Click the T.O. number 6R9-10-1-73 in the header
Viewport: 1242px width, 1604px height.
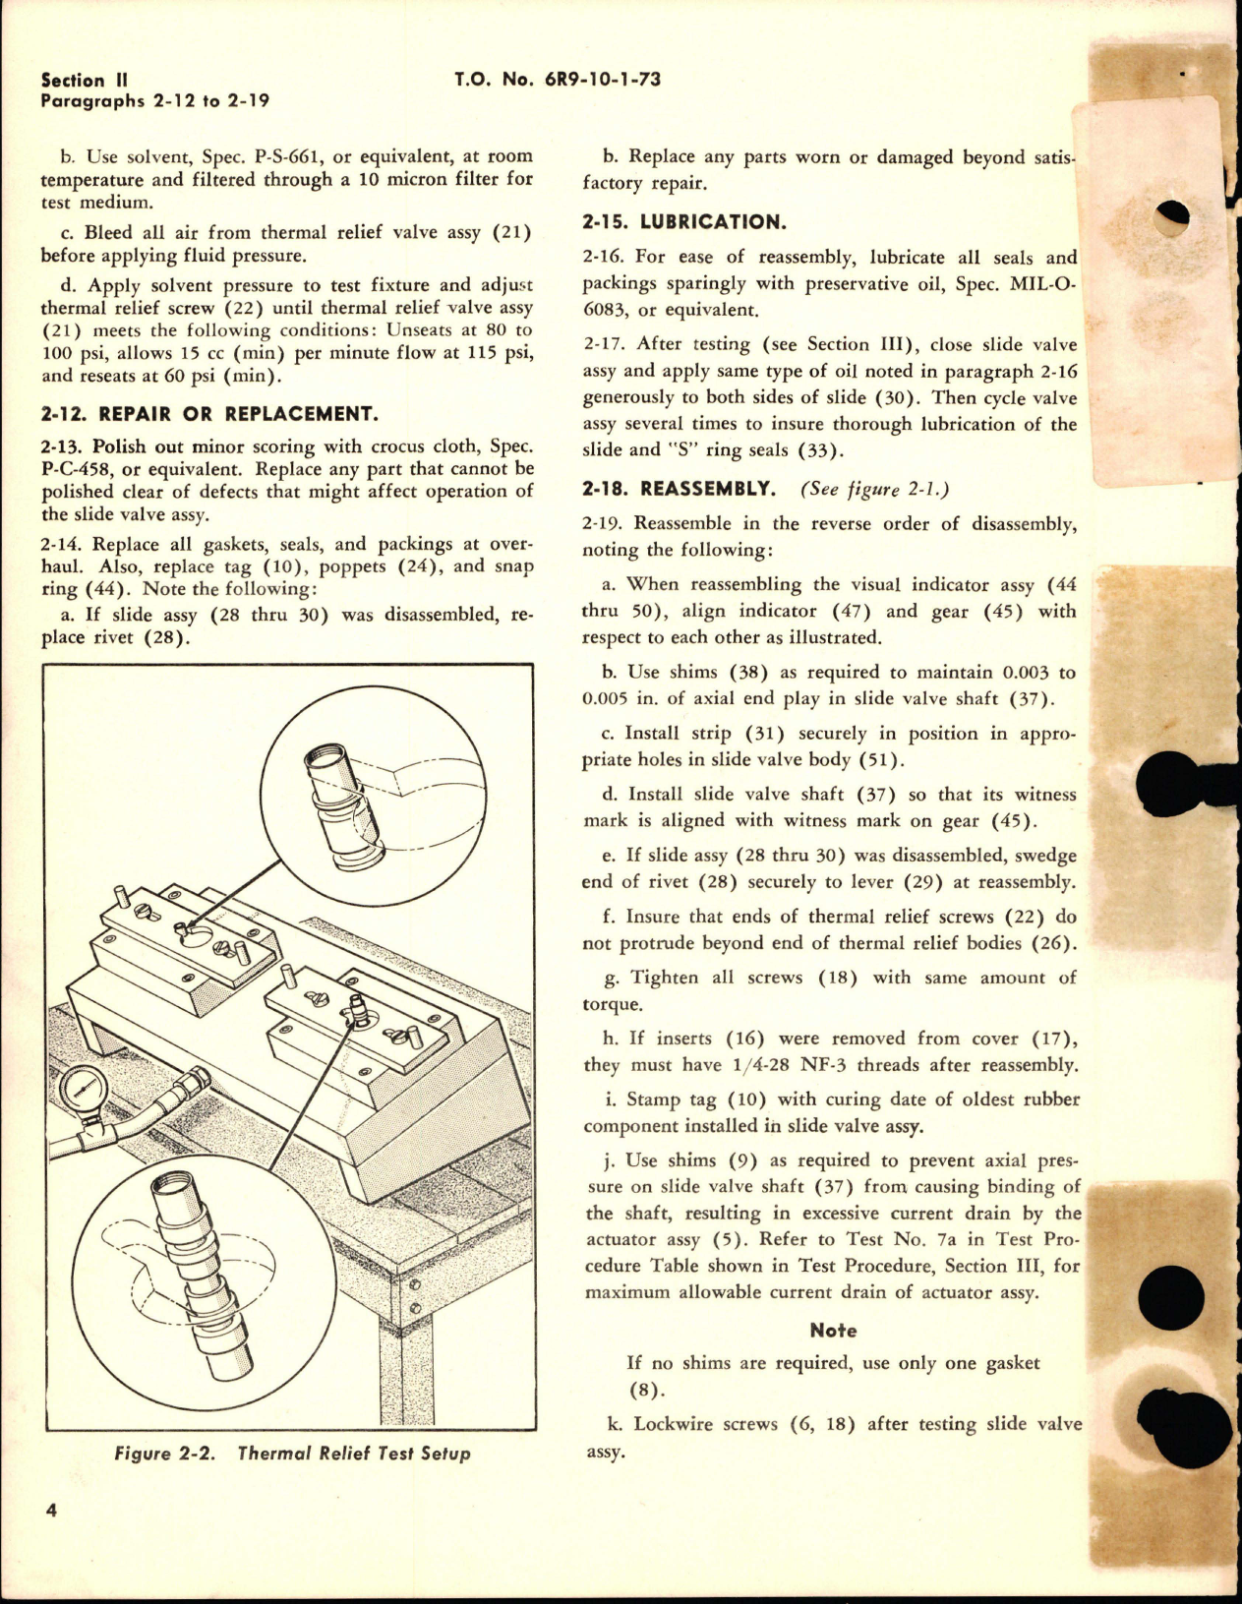(558, 80)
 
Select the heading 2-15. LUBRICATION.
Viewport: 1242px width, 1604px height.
(683, 221)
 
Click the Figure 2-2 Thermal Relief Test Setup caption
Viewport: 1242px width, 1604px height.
(292, 1453)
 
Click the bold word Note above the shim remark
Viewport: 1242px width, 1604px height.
(833, 1330)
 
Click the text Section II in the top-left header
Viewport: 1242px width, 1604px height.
(88, 80)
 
